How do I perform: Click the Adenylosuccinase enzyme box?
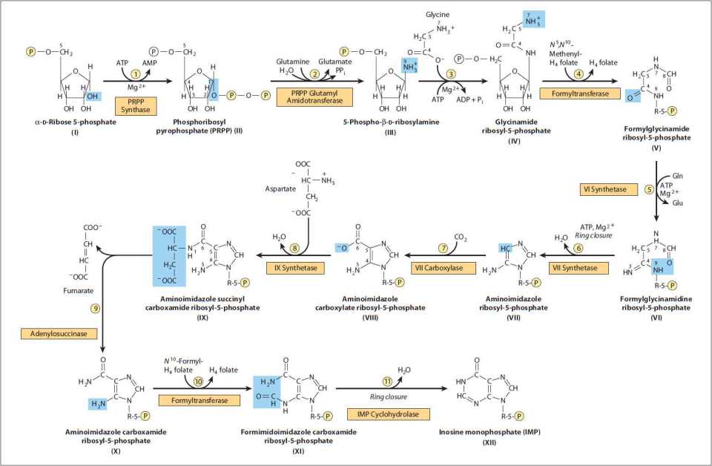click(x=65, y=334)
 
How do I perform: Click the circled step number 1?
click(x=136, y=74)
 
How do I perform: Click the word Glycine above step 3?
click(x=437, y=15)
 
